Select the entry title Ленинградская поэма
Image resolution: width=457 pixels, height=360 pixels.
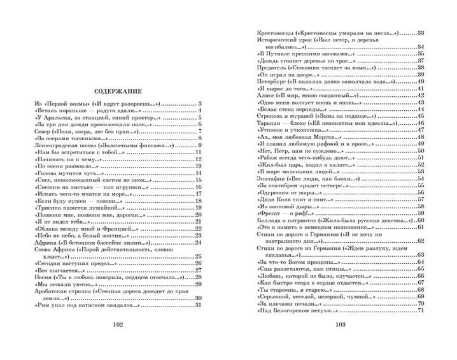coord(65,145)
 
